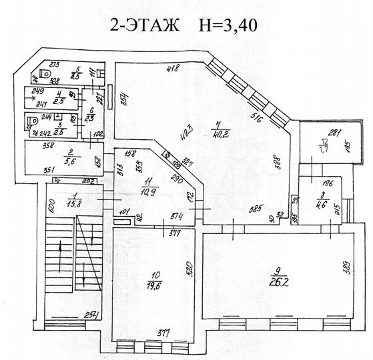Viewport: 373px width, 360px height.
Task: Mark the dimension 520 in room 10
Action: [x=190, y=268]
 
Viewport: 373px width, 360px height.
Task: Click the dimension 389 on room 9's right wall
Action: [x=346, y=267]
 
